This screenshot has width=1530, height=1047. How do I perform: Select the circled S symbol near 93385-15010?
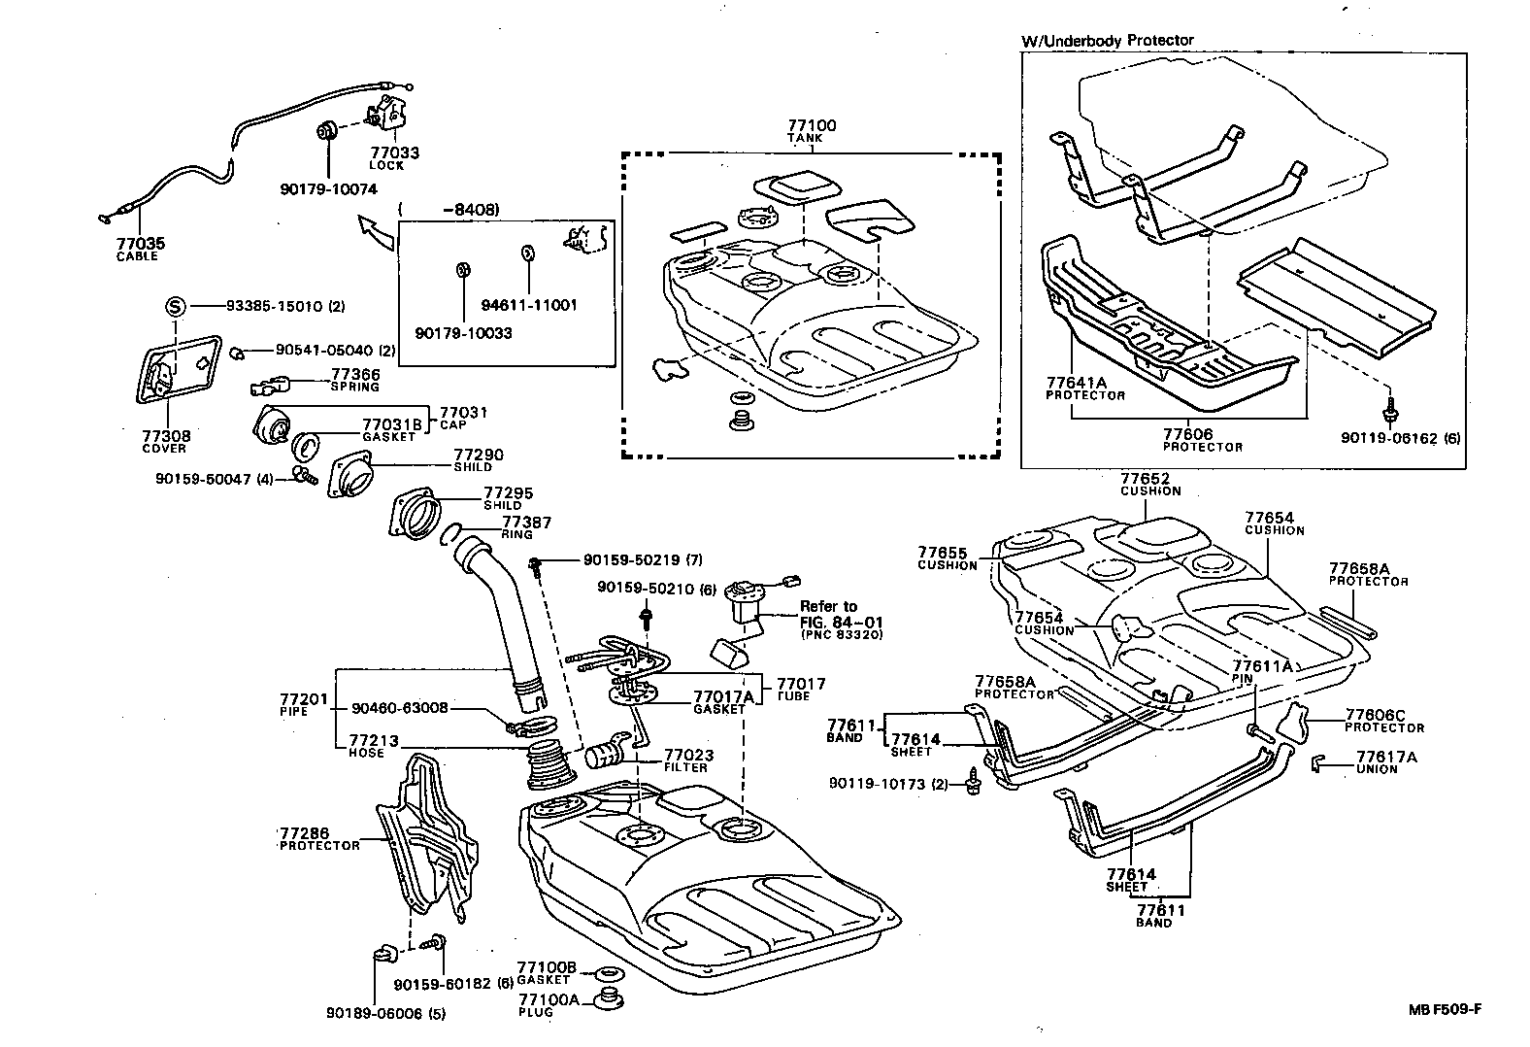coord(175,307)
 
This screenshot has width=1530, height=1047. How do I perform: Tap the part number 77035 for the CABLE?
coord(135,245)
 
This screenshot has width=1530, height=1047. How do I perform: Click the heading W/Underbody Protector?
coord(1107,41)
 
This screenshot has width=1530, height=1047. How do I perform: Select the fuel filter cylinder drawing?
coord(609,754)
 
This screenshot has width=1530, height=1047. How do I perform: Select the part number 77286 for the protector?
coord(304,833)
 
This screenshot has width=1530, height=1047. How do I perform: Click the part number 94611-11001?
coord(529,305)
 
